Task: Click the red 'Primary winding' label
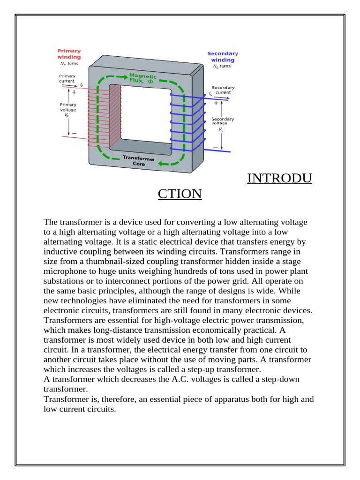pyautogui.click(x=69, y=54)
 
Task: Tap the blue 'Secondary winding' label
pyautogui.click(x=223, y=57)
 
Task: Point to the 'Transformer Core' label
pyautogui.click(x=138, y=161)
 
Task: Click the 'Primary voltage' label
pyautogui.click(x=68, y=111)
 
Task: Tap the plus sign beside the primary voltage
pyautogui.click(x=74, y=93)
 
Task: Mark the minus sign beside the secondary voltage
pyautogui.click(x=215, y=147)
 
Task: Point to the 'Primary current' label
pyautogui.click(x=67, y=78)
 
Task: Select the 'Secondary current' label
pyautogui.click(x=223, y=90)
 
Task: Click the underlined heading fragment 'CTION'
pyautogui.click(x=180, y=194)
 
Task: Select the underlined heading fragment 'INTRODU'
pyautogui.click(x=279, y=179)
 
